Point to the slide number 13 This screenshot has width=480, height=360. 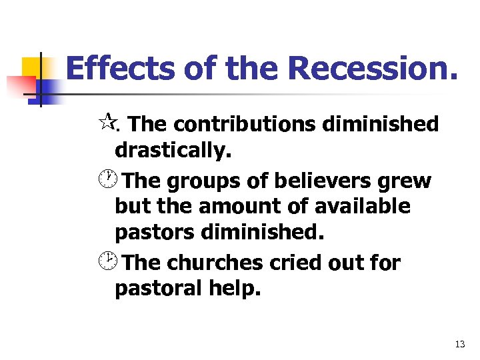pyautogui.click(x=459, y=344)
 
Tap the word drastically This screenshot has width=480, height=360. pyautogui.click(x=173, y=152)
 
